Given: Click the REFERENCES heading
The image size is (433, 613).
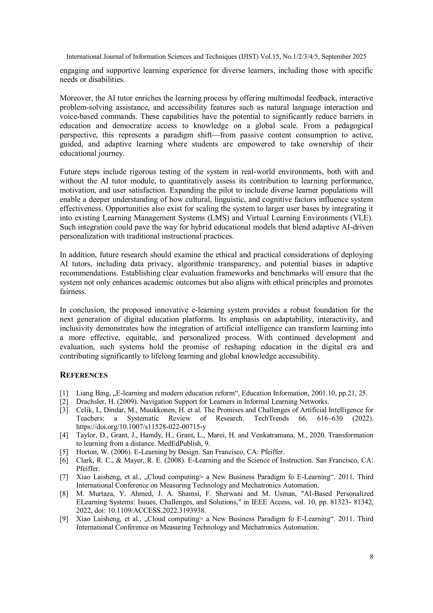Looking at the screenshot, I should [x=84, y=375].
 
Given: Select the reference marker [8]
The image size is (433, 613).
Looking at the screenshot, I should [x=64, y=494].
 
